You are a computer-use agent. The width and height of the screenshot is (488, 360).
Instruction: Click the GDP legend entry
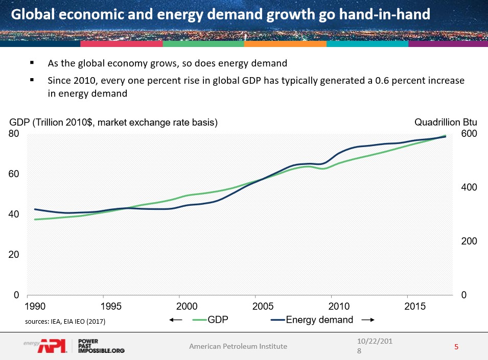217,320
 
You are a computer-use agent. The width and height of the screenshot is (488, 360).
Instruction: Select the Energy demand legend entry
319,320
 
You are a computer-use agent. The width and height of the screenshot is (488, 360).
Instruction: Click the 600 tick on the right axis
470,134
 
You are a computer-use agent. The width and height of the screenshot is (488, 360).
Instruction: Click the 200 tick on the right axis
470,241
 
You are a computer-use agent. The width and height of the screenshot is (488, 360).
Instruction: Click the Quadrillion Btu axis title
446,123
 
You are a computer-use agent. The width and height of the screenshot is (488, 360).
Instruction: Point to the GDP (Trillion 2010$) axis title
113,123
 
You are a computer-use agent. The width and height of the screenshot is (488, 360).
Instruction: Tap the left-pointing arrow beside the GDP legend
176,320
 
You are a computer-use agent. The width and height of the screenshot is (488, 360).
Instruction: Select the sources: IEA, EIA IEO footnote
65,322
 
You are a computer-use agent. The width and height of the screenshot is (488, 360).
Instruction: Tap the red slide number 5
456,347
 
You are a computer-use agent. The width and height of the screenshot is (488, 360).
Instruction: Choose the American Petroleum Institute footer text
238,346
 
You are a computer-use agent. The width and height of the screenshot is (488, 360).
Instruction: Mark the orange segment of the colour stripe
285,44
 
